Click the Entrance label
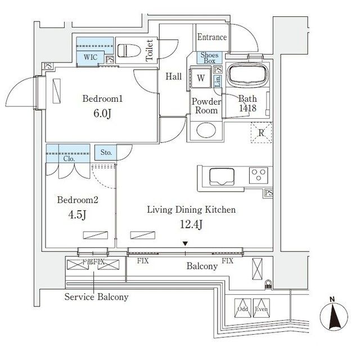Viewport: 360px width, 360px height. tap(212, 38)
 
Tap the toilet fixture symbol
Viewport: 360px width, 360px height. tap(129, 50)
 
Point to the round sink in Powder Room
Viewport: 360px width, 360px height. tap(203, 131)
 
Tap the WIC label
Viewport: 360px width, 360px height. tap(90, 57)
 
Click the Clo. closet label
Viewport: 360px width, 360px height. tap(69, 159)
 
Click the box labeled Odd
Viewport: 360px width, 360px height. tap(242, 307)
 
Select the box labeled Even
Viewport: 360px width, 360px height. tap(260, 307)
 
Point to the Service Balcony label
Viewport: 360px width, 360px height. tap(96, 296)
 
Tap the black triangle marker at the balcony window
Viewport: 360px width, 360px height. tap(184, 243)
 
